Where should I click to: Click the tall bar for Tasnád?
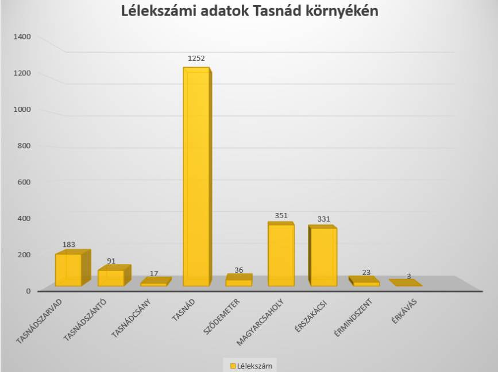tap(196, 178)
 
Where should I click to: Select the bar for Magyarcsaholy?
tap(281, 255)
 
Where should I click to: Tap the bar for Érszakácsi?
tap(322, 257)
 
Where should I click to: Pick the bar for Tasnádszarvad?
tap(68, 269)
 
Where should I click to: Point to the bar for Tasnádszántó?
tap(110, 278)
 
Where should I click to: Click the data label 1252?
tap(196, 59)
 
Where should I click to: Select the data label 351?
tap(281, 216)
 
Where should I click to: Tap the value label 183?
tap(69, 245)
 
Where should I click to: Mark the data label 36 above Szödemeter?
tap(238, 270)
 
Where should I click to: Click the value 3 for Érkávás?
tap(408, 276)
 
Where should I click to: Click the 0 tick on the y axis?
tap(27, 290)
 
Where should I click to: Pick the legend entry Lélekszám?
tap(250, 365)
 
